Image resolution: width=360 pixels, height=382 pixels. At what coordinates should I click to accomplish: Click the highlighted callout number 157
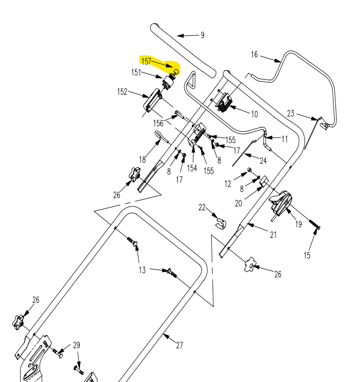[146, 61]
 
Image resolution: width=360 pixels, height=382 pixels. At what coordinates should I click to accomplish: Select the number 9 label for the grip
[202, 35]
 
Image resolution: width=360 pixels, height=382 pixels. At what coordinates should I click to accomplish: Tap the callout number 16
[254, 55]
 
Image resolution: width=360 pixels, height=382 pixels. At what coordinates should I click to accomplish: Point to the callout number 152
[122, 92]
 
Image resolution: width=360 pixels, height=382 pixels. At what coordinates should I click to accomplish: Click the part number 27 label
[179, 345]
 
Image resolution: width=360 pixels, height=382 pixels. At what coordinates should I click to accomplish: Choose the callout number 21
[273, 235]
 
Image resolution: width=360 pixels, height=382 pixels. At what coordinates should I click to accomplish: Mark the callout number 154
[192, 168]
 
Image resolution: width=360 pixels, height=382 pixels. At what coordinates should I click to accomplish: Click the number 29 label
[76, 345]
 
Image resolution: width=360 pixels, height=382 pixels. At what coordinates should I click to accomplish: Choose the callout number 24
[263, 161]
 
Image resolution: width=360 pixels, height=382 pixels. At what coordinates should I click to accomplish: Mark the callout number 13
[142, 269]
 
